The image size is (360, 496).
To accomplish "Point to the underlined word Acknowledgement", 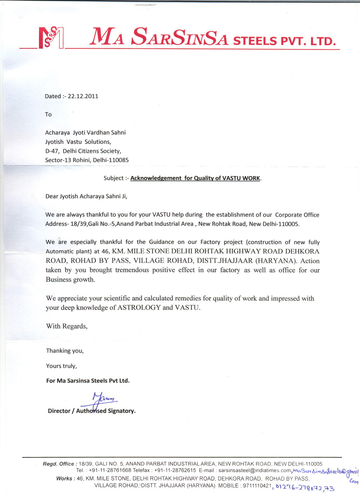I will (156, 178).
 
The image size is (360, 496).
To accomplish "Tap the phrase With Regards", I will (67, 326).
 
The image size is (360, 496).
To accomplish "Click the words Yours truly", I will (61, 366).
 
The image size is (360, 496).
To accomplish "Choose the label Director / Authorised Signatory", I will (91, 411).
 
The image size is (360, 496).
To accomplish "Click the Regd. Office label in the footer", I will (58, 464).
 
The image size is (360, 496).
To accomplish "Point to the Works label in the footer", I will (66, 479).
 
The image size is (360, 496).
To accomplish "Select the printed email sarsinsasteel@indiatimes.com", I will (255, 470).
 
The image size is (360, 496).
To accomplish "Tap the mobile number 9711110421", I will (257, 486).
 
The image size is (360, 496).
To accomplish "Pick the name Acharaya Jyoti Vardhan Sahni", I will (85, 133).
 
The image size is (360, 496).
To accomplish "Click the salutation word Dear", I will (51, 196).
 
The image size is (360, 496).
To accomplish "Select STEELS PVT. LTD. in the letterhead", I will (284, 41).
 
